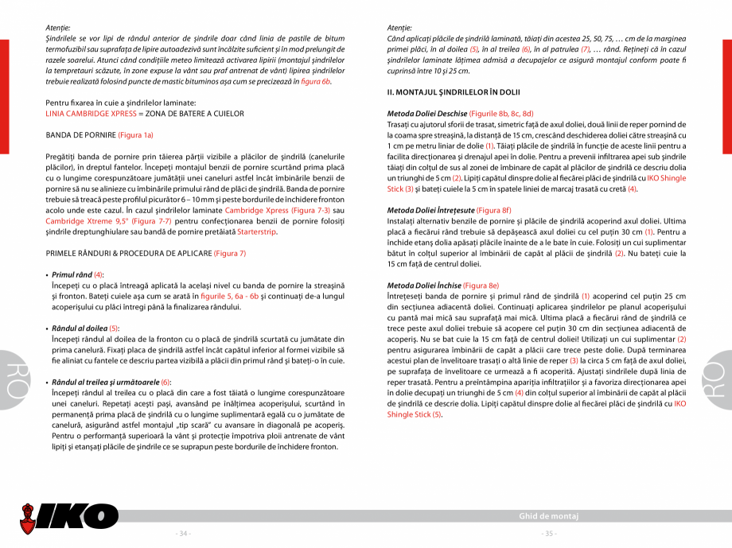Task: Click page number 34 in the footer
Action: (x=183, y=533)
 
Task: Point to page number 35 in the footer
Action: (x=548, y=533)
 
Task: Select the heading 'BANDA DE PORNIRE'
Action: (x=80, y=135)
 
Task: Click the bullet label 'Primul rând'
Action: (x=72, y=274)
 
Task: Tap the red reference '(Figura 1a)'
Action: (x=135, y=135)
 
